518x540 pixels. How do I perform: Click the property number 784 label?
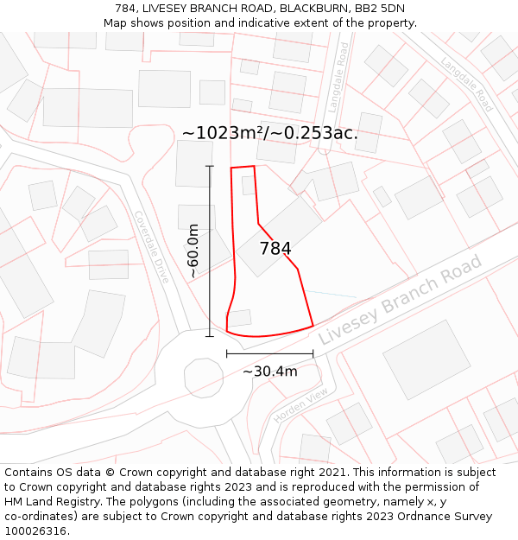click(x=275, y=249)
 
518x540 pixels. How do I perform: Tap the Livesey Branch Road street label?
click(x=400, y=300)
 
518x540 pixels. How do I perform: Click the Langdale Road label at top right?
click(x=467, y=85)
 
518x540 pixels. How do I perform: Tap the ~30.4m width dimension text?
click(x=269, y=372)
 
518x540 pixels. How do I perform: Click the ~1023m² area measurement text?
click(x=222, y=133)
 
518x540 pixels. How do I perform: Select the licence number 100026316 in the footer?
click(x=35, y=530)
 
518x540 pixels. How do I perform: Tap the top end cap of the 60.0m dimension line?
click(x=210, y=166)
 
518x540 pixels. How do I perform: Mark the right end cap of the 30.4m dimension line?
click(x=313, y=353)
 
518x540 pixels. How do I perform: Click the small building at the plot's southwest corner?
click(x=239, y=318)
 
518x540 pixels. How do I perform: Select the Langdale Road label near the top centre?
click(x=337, y=78)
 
